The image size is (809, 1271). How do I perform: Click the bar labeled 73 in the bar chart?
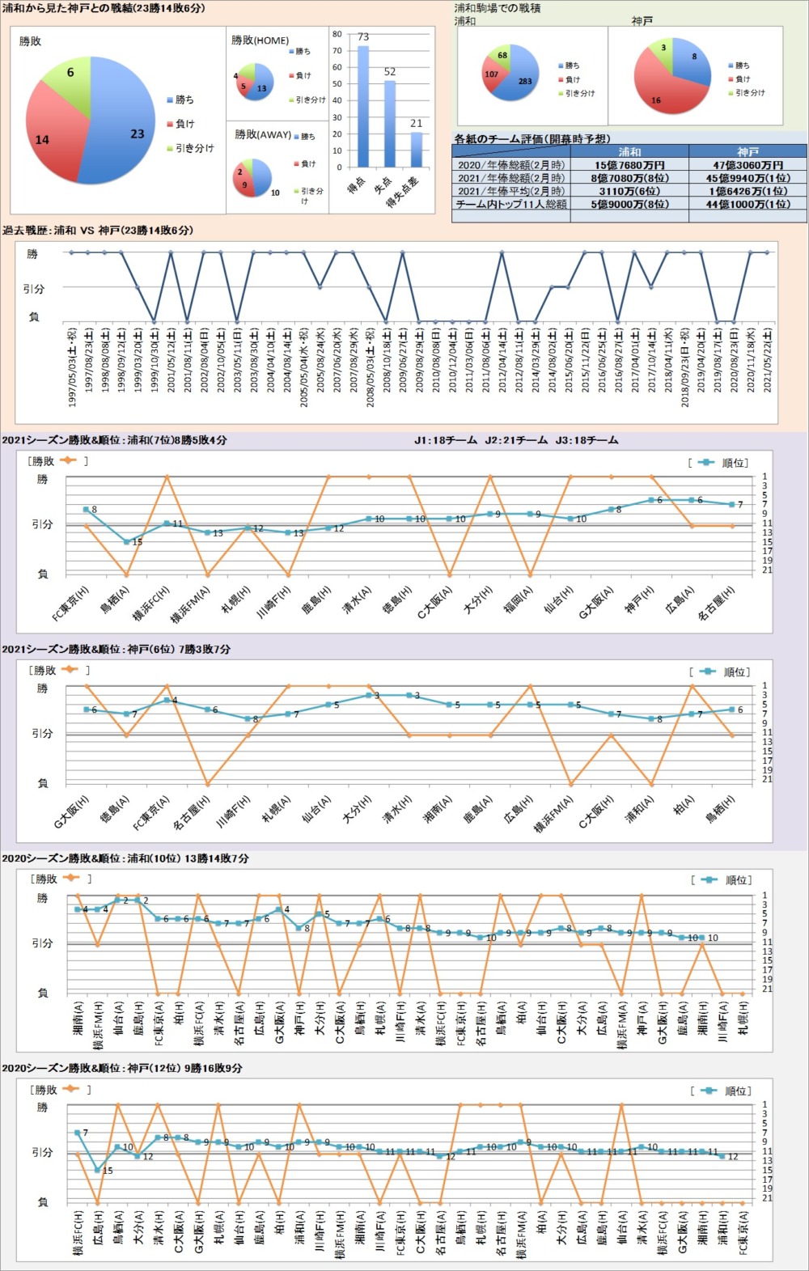click(x=363, y=105)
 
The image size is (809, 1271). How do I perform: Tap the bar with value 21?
click(x=416, y=149)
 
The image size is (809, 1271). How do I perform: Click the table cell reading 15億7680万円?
click(x=629, y=165)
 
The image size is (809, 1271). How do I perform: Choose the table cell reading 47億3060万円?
click(x=748, y=165)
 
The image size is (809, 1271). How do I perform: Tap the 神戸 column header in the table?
click(x=748, y=152)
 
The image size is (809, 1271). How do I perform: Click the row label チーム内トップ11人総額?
click(x=510, y=205)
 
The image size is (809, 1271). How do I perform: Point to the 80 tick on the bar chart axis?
click(x=337, y=35)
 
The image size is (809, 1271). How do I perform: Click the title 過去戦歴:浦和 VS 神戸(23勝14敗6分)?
click(x=98, y=231)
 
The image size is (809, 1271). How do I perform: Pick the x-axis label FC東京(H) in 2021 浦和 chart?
click(x=70, y=604)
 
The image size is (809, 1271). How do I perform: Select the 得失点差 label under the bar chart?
click(x=404, y=192)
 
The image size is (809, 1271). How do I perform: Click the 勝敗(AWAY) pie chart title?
click(x=263, y=134)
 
